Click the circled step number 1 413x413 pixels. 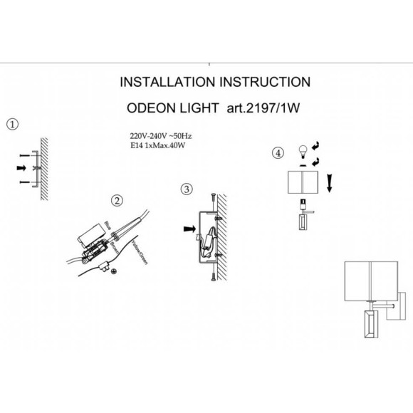(11, 124)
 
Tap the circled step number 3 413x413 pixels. (187, 189)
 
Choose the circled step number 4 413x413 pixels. (278, 152)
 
